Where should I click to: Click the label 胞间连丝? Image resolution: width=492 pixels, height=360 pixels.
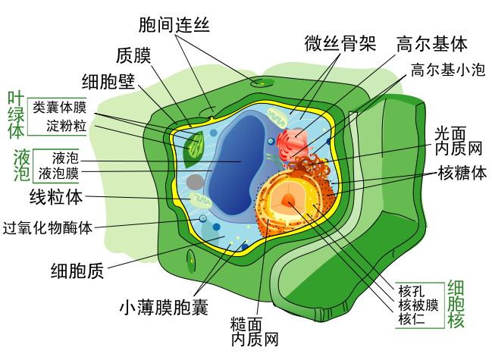coord(175,25)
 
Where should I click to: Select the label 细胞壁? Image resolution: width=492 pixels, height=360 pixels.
coord(108,81)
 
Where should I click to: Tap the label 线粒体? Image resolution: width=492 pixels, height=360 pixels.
coord(56,199)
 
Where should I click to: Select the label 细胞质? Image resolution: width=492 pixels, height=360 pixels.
coord(77,269)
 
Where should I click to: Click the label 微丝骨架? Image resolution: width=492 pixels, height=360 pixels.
coord(340,42)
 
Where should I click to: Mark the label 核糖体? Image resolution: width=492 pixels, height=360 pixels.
coord(462,174)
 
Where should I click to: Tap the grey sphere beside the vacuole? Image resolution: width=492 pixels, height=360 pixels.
coord(195,182)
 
